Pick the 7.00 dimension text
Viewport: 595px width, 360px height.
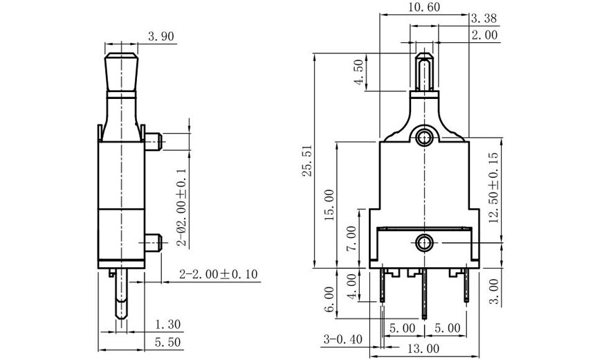[x=351, y=237]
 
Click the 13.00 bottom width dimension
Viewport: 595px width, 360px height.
[x=423, y=348]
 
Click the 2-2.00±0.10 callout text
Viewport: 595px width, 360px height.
[x=218, y=275]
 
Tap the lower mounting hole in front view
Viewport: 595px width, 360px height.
[x=423, y=242]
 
